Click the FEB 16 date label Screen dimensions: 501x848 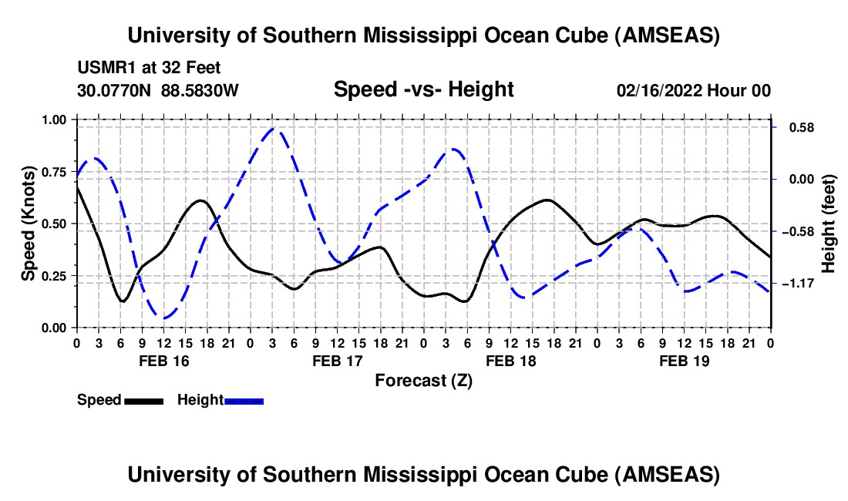tap(163, 361)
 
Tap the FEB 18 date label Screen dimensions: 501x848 tap(510, 361)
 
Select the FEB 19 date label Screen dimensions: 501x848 tap(684, 361)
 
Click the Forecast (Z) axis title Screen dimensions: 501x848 tap(423, 380)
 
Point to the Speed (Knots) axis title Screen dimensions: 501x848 tap(28, 224)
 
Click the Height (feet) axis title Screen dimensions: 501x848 tap(828, 224)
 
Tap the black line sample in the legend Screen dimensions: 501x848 tap(143, 401)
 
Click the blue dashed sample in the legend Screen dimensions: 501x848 tap(244, 401)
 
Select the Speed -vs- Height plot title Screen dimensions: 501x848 tap(423, 89)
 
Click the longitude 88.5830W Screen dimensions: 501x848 tap(200, 91)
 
